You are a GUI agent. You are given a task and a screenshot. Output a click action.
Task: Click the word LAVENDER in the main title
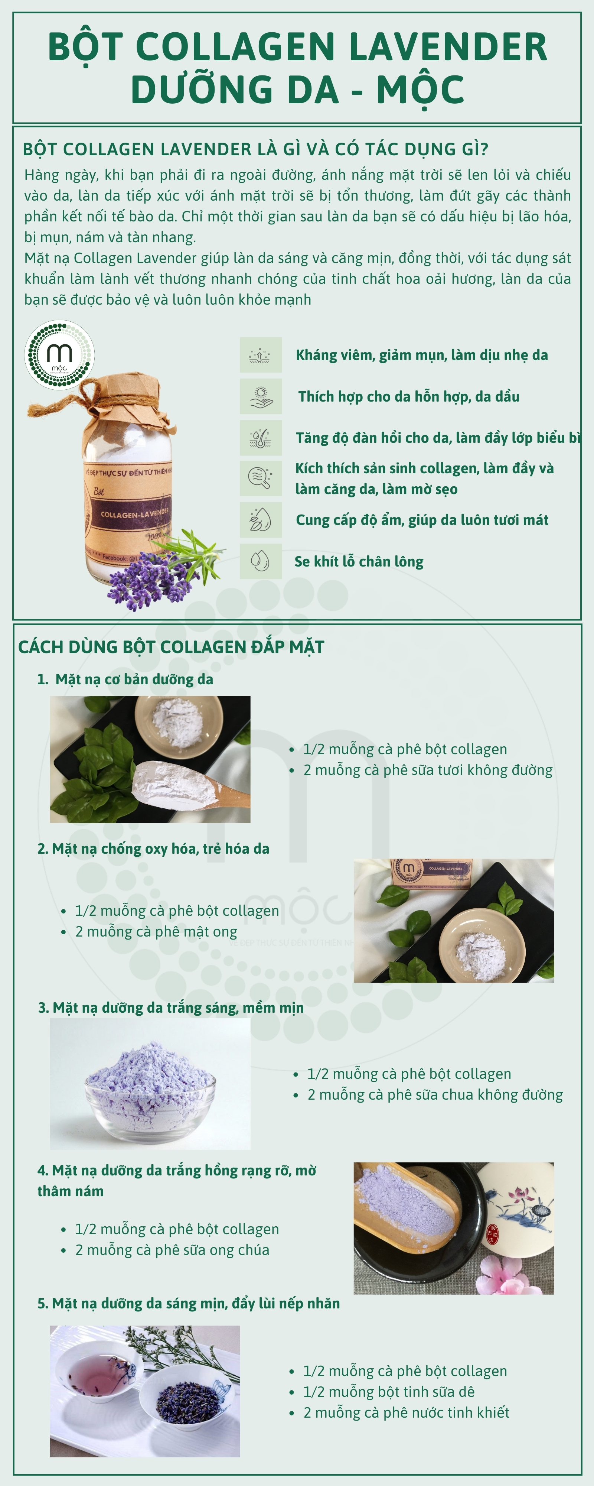pyautogui.click(x=448, y=47)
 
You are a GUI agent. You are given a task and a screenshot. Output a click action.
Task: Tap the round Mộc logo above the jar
pyautogui.click(x=59, y=355)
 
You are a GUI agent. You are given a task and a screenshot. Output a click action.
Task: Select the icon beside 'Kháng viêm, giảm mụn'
pyautogui.click(x=261, y=355)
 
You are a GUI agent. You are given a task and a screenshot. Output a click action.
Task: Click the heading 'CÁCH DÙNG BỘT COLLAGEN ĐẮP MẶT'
pyautogui.click(x=171, y=647)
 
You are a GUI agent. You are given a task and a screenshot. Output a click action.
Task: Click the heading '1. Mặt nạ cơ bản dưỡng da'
pyautogui.click(x=125, y=679)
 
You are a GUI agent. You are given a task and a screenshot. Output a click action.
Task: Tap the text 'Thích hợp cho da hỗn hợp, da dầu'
pyautogui.click(x=409, y=396)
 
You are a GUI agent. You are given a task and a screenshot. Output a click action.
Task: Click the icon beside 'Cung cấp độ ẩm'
pyautogui.click(x=261, y=520)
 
